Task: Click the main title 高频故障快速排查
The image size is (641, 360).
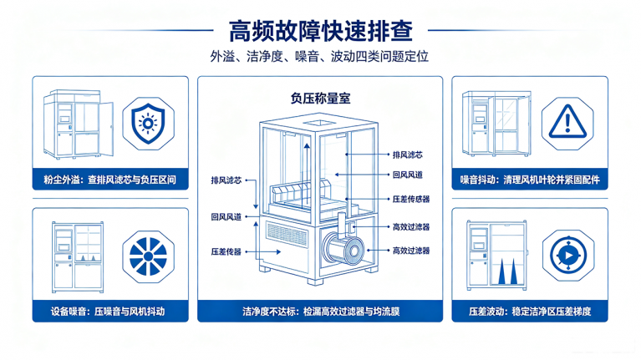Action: [321, 31]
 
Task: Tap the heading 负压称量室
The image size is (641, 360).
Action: [320, 99]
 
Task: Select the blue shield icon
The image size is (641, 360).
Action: [148, 124]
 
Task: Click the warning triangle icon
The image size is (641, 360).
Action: [567, 121]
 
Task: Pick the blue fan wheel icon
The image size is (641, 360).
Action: [148, 256]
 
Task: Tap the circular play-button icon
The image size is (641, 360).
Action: [568, 256]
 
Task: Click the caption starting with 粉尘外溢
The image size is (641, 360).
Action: [110, 180]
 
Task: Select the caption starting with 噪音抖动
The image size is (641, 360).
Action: [530, 180]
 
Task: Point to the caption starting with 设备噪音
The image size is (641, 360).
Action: [108, 312]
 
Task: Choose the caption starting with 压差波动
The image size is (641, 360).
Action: [530, 312]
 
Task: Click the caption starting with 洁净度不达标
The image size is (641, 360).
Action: [321, 312]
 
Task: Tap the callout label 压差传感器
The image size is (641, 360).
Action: [411, 199]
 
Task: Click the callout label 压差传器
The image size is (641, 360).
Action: [226, 251]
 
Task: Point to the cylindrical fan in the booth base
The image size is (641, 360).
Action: [343, 248]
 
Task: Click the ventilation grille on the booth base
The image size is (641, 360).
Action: [287, 234]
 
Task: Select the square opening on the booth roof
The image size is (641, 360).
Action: [319, 123]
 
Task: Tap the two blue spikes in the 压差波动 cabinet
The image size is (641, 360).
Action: [507, 271]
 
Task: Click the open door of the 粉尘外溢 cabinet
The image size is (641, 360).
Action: [106, 129]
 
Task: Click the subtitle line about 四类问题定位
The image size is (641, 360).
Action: [320, 57]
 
